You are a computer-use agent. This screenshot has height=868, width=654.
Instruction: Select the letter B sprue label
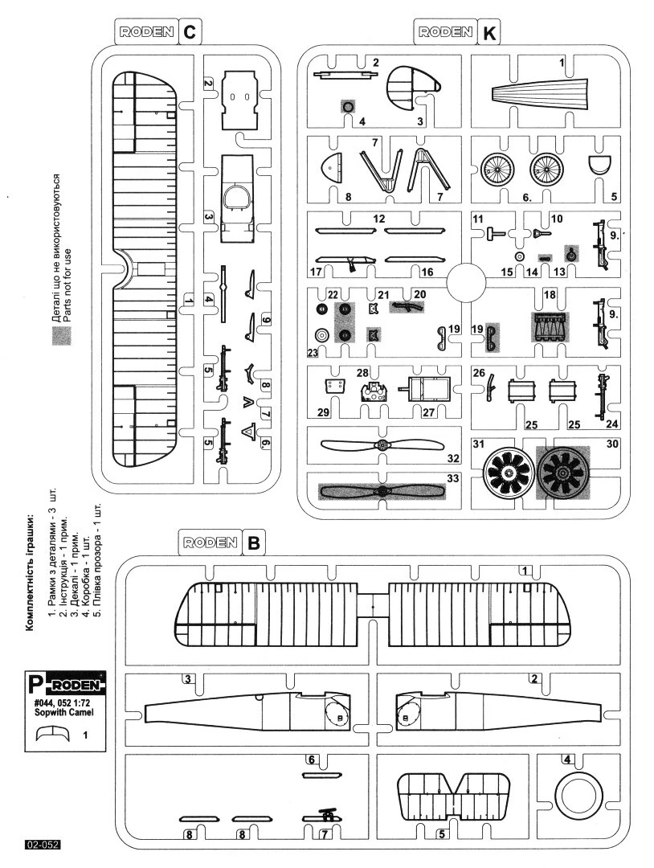point(252,542)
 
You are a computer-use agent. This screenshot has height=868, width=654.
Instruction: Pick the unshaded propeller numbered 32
point(382,444)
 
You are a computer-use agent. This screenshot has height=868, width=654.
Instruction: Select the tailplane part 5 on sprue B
point(456,795)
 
